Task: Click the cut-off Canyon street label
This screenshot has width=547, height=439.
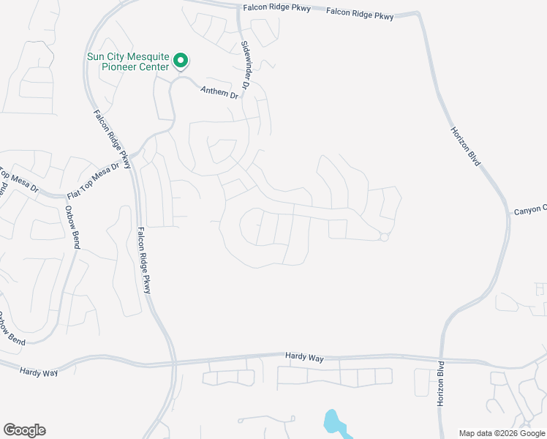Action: (529, 211)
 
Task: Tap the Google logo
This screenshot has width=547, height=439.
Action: (24, 430)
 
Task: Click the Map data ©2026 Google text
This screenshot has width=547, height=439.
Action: (502, 433)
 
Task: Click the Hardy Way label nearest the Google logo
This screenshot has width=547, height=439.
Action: (39, 372)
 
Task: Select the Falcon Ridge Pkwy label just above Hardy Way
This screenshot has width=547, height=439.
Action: (144, 261)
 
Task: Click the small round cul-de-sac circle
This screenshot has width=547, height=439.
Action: (383, 236)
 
